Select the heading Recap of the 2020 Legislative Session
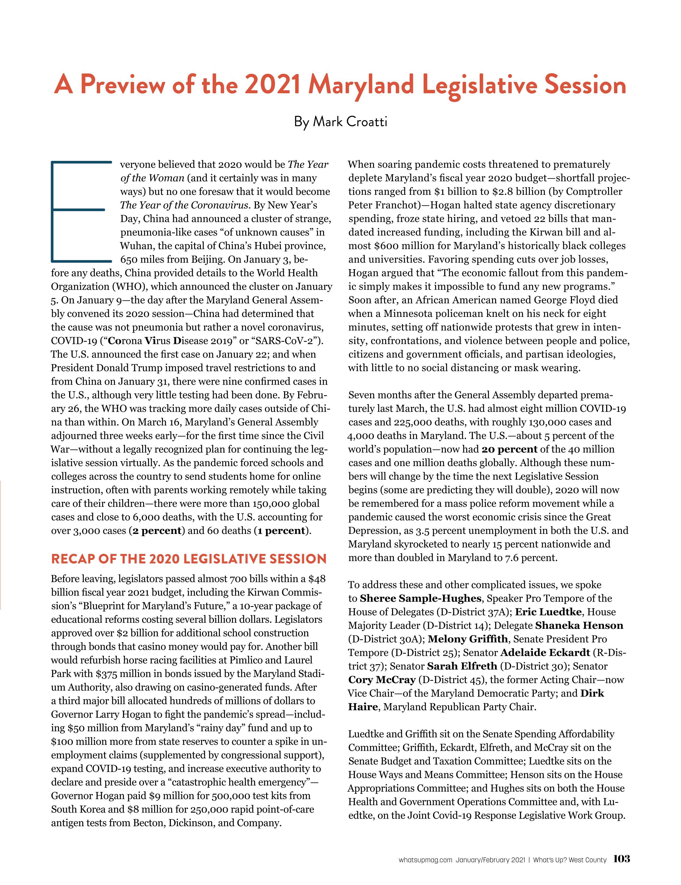pos(189,559)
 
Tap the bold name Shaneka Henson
pos(579,626)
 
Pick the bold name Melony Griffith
pos(468,639)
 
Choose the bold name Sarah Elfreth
pos(462,666)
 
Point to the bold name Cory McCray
pos(382,680)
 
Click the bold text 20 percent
pos(509,449)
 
